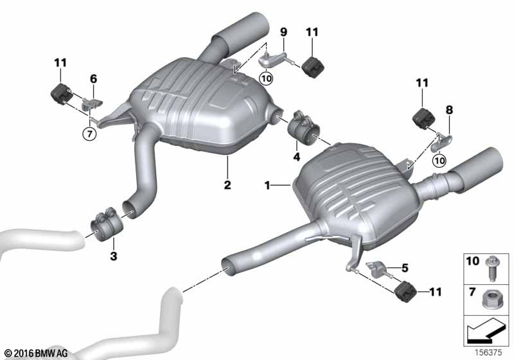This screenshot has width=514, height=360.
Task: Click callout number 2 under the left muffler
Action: tap(227, 184)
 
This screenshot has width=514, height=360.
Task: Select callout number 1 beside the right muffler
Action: tap(267, 186)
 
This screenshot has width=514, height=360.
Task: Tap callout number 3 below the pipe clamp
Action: tap(114, 256)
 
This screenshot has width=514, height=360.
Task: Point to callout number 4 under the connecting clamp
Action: tap(297, 157)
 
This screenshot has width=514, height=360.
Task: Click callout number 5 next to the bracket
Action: tap(405, 268)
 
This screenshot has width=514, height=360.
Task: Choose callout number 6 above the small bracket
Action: tap(93, 78)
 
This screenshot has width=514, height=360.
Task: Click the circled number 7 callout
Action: tap(89, 134)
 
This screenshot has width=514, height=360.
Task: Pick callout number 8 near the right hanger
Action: tap(449, 110)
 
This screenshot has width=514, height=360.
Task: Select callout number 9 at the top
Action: tap(283, 32)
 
